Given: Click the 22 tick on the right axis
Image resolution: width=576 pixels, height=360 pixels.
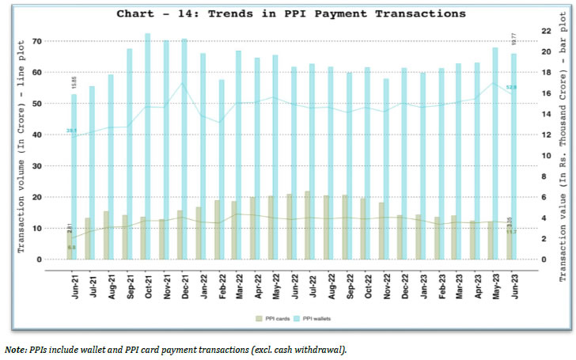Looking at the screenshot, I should [545, 31].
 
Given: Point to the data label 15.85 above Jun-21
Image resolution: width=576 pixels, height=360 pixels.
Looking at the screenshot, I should [73, 82].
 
